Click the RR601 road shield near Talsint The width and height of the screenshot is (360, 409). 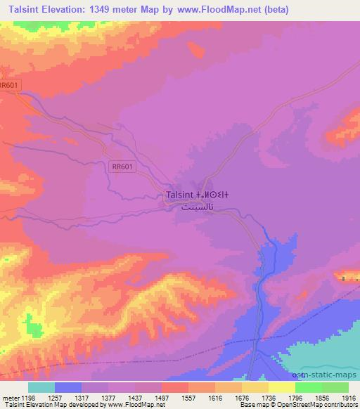(x=122, y=167)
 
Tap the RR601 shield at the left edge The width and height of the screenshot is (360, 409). (x=10, y=85)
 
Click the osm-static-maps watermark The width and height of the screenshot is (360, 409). (x=328, y=375)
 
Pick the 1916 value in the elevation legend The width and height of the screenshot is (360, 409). (x=349, y=397)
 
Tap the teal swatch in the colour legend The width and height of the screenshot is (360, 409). (x=41, y=387)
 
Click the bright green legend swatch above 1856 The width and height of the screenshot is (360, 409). (x=308, y=387)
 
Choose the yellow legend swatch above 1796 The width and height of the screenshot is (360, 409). (x=281, y=387)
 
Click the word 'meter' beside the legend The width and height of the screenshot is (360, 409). (x=12, y=397)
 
